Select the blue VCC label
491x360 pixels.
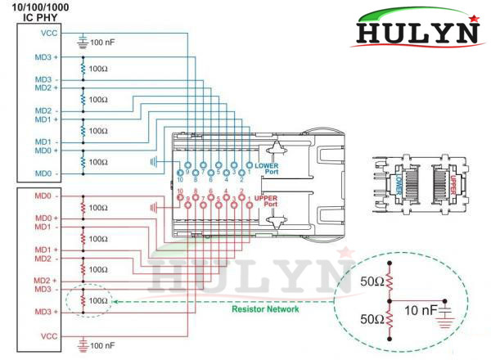click(x=48, y=34)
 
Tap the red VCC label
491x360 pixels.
click(x=48, y=335)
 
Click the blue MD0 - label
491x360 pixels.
click(x=44, y=173)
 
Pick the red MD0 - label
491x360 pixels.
click(x=44, y=196)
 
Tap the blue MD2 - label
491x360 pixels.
click(x=44, y=110)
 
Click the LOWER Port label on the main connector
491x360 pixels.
click(x=267, y=168)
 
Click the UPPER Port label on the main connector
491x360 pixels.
click(x=267, y=200)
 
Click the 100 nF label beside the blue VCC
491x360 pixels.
click(x=102, y=41)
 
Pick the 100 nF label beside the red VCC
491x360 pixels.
click(x=102, y=346)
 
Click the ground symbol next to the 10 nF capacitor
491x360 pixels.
click(x=447, y=315)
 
